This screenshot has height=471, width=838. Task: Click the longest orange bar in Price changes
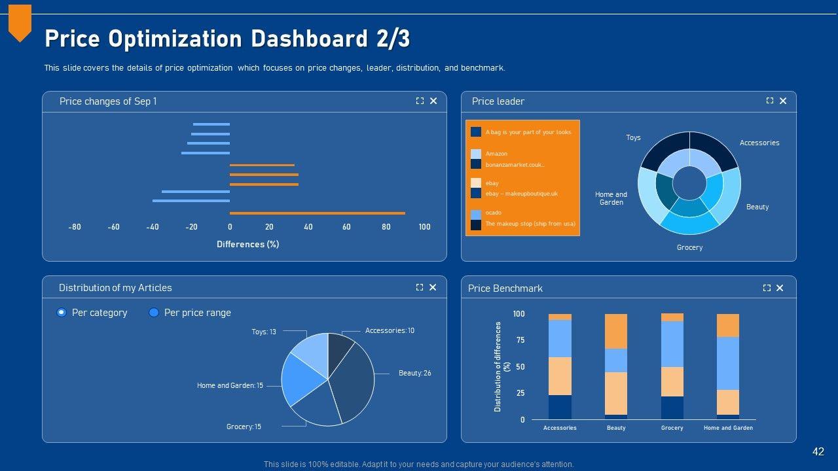coord(317,213)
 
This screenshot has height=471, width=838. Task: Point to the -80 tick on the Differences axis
coord(75,227)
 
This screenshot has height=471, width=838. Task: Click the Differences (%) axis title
coord(248,244)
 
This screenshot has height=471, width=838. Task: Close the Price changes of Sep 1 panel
coord(433,101)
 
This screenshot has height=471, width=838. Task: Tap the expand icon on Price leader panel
coord(770,101)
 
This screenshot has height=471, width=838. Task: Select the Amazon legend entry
coord(496,154)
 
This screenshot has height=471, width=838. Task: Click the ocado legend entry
coord(493,213)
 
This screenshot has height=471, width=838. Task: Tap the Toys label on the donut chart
coord(633,137)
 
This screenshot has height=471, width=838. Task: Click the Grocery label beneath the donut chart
coord(689,247)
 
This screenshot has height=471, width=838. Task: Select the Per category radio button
coord(62,313)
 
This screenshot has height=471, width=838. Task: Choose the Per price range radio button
coord(154,313)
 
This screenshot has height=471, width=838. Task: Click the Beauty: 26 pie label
coord(414,373)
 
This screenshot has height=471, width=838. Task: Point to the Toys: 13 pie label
coord(264,332)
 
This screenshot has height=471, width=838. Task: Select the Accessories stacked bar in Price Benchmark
coord(560,366)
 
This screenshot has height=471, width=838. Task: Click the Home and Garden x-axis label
coord(728,428)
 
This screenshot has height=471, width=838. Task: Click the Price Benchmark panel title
coord(505,288)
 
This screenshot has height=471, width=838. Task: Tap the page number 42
coord(818,451)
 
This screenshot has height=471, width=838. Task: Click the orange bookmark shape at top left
coord(20,21)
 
